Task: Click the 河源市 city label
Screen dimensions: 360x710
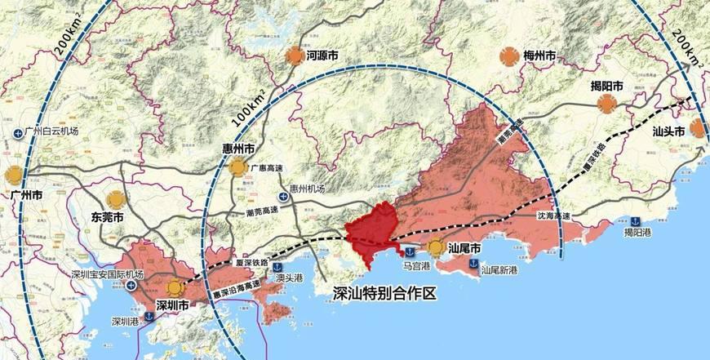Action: click(x=322, y=57)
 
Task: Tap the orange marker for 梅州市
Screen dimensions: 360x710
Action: click(x=508, y=56)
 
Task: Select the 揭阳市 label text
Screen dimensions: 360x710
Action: click(x=607, y=85)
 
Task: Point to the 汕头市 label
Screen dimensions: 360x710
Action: click(x=668, y=130)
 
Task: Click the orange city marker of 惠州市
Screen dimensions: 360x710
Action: click(x=237, y=167)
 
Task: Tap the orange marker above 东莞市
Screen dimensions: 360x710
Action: click(x=115, y=199)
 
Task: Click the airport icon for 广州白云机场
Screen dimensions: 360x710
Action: click(x=17, y=131)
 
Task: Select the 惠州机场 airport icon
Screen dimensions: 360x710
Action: click(x=283, y=197)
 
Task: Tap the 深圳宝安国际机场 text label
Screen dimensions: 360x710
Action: click(x=107, y=274)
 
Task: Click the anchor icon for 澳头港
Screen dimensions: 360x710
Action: click(x=277, y=267)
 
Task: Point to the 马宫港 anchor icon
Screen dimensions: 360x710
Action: click(x=410, y=247)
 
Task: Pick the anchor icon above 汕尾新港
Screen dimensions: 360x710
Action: click(x=473, y=262)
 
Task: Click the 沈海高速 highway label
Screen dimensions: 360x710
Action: click(x=552, y=216)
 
